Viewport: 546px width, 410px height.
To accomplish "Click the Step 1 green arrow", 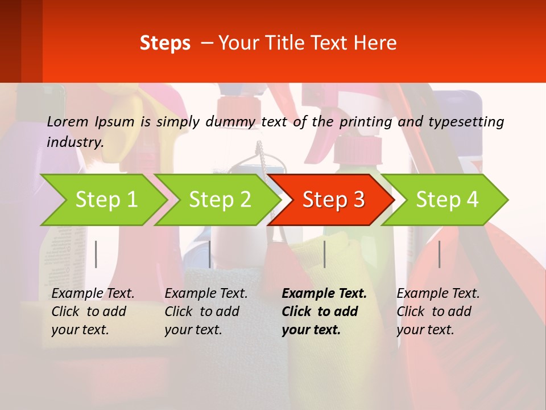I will coord(105,200).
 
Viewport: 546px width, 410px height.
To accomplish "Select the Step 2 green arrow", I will coord(219,200).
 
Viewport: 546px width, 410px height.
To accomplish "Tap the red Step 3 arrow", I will coord(333,200).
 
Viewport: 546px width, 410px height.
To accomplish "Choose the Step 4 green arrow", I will coord(446,200).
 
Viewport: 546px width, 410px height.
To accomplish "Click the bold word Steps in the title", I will coord(165,43).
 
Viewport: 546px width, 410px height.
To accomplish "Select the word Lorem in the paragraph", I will coord(68,121).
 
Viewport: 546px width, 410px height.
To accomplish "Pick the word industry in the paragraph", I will coord(75,142).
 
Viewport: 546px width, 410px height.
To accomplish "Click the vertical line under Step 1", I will coord(96,254).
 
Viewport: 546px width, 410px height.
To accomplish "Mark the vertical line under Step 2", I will coord(210,254).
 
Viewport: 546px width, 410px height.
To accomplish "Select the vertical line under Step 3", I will coord(324,254).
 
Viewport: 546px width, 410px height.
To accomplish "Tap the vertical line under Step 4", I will coord(439,254).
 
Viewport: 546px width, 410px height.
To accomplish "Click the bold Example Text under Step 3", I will coord(324,293).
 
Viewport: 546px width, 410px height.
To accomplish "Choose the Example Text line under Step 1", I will coord(93,293).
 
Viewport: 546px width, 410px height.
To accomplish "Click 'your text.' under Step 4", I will coord(425,330).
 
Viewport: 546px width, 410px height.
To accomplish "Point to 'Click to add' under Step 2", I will coord(202,311).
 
